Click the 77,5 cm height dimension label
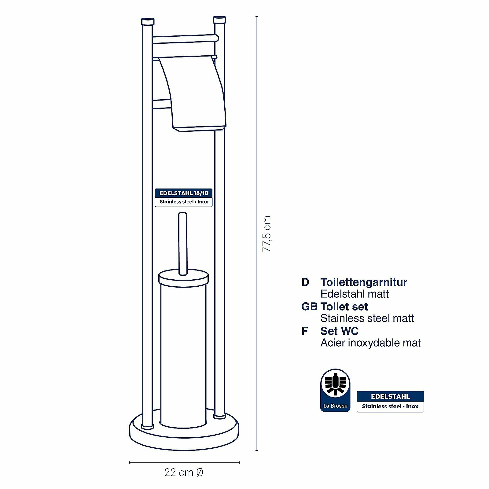click(267, 234)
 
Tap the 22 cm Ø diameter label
click(184, 472)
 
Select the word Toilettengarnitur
click(364, 282)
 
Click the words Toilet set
click(344, 307)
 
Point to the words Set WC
click(339, 331)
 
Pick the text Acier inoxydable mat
click(370, 343)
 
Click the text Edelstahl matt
click(355, 294)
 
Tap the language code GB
click(309, 307)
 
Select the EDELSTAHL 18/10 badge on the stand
click(184, 197)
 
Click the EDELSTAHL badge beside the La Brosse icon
click(390, 401)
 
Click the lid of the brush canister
click(183, 277)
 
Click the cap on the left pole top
click(148, 22)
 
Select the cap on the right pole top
click(219, 20)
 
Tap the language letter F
click(305, 331)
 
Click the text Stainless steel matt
click(367, 318)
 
